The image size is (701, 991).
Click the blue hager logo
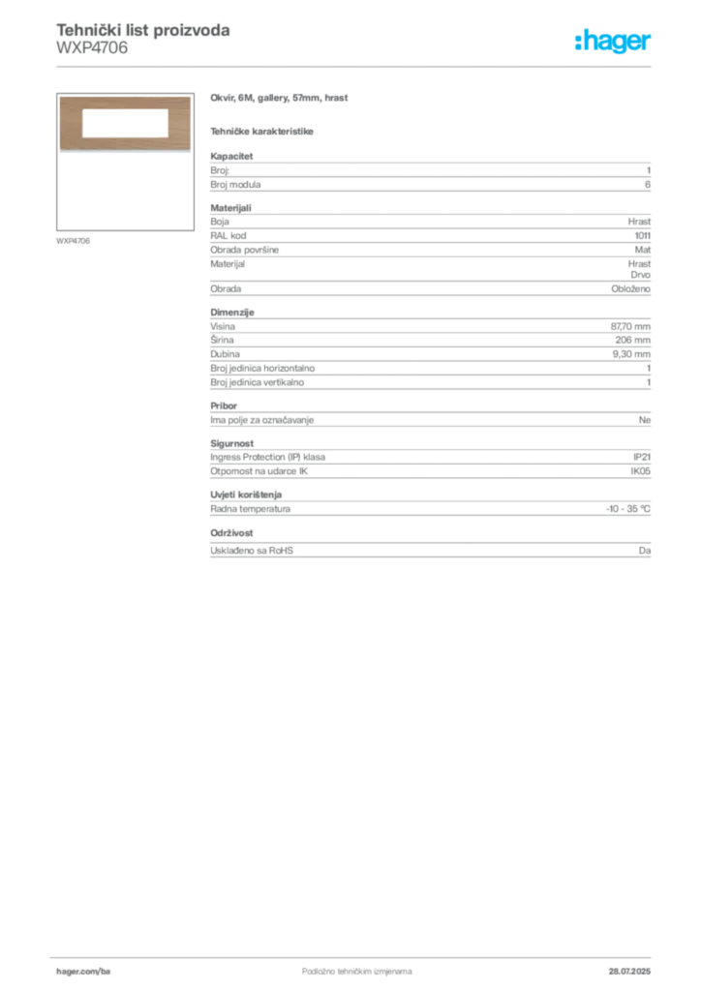(614, 43)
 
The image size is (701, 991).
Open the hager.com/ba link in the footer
(84, 969)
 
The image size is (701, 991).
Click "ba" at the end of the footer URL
(107, 969)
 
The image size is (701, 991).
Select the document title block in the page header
(143, 39)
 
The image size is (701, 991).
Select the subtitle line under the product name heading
(263, 131)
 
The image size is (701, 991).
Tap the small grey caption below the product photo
(74, 240)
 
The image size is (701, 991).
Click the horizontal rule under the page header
(356, 65)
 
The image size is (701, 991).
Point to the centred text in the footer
(344, 966)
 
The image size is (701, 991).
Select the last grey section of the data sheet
(429, 547)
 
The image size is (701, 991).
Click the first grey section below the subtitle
(429, 172)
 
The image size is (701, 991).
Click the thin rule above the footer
(356, 953)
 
